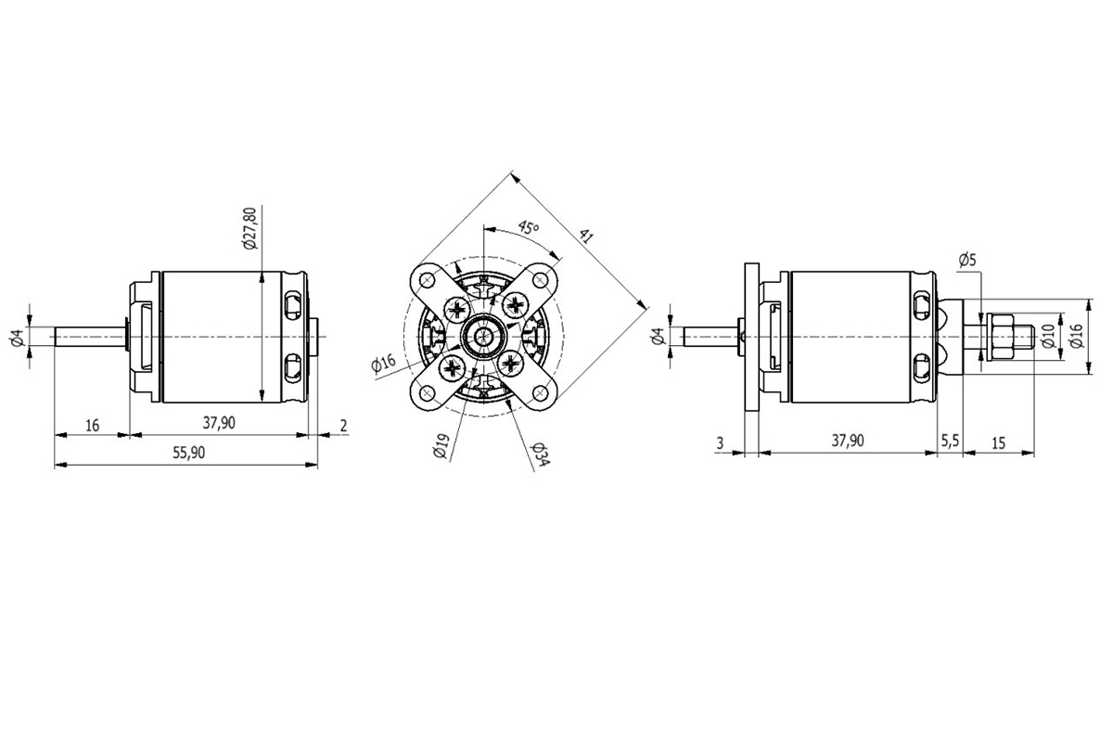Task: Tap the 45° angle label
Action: pos(528,227)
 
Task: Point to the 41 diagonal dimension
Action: pos(585,236)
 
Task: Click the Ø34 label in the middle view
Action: pos(539,454)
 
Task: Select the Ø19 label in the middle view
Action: pos(440,447)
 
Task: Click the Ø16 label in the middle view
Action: pos(383,365)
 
